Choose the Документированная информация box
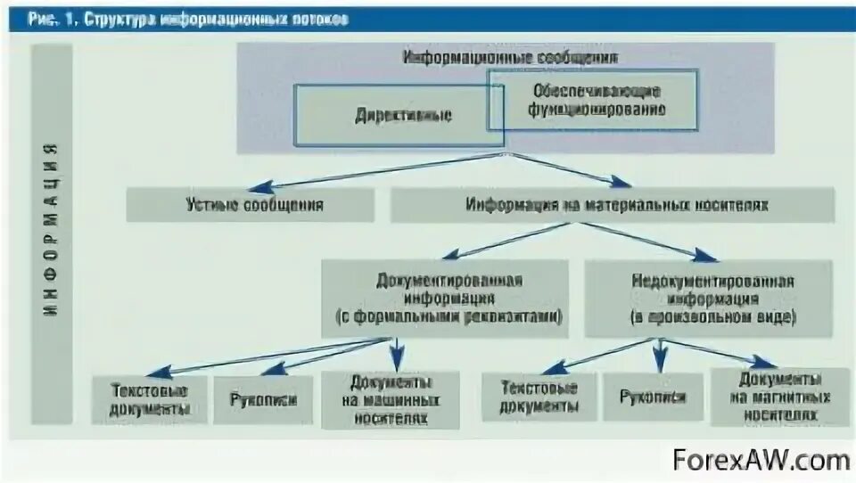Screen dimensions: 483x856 pyautogui.click(x=443, y=298)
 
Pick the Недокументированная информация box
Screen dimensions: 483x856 pyautogui.click(x=710, y=298)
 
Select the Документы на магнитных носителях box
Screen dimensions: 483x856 pyautogui.click(x=779, y=397)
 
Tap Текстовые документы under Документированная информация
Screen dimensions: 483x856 pyautogui.click(x=150, y=399)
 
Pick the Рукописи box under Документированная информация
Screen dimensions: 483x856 pyautogui.click(x=262, y=399)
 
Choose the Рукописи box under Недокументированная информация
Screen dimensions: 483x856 pyautogui.click(x=653, y=397)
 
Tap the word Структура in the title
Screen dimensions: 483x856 pyautogui.click(x=120, y=20)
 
